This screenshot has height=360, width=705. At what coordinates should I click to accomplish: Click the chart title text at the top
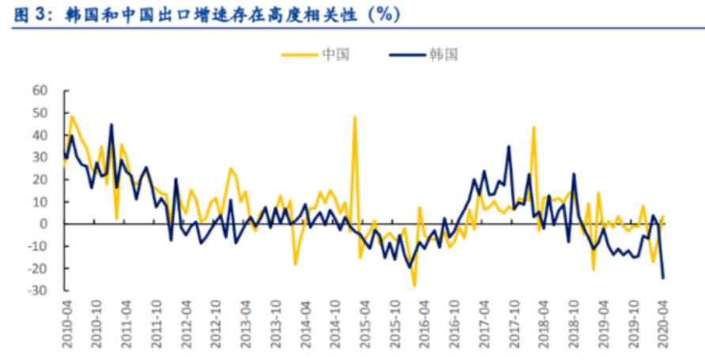click(207, 15)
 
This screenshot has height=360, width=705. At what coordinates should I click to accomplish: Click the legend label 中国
click(335, 55)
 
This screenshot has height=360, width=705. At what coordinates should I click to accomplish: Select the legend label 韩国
click(444, 55)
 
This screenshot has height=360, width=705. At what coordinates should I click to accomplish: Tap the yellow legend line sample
click(299, 55)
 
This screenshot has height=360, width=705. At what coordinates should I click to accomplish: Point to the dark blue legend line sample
click(407, 55)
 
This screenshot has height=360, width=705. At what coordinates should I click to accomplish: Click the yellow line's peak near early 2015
click(355, 117)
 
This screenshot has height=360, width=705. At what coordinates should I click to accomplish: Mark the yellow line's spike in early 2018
click(534, 127)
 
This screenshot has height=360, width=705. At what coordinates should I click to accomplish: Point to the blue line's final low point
click(663, 278)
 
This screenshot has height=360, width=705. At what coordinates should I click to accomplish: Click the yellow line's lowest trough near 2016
click(414, 286)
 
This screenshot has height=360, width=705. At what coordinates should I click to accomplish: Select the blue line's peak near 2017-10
click(509, 146)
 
